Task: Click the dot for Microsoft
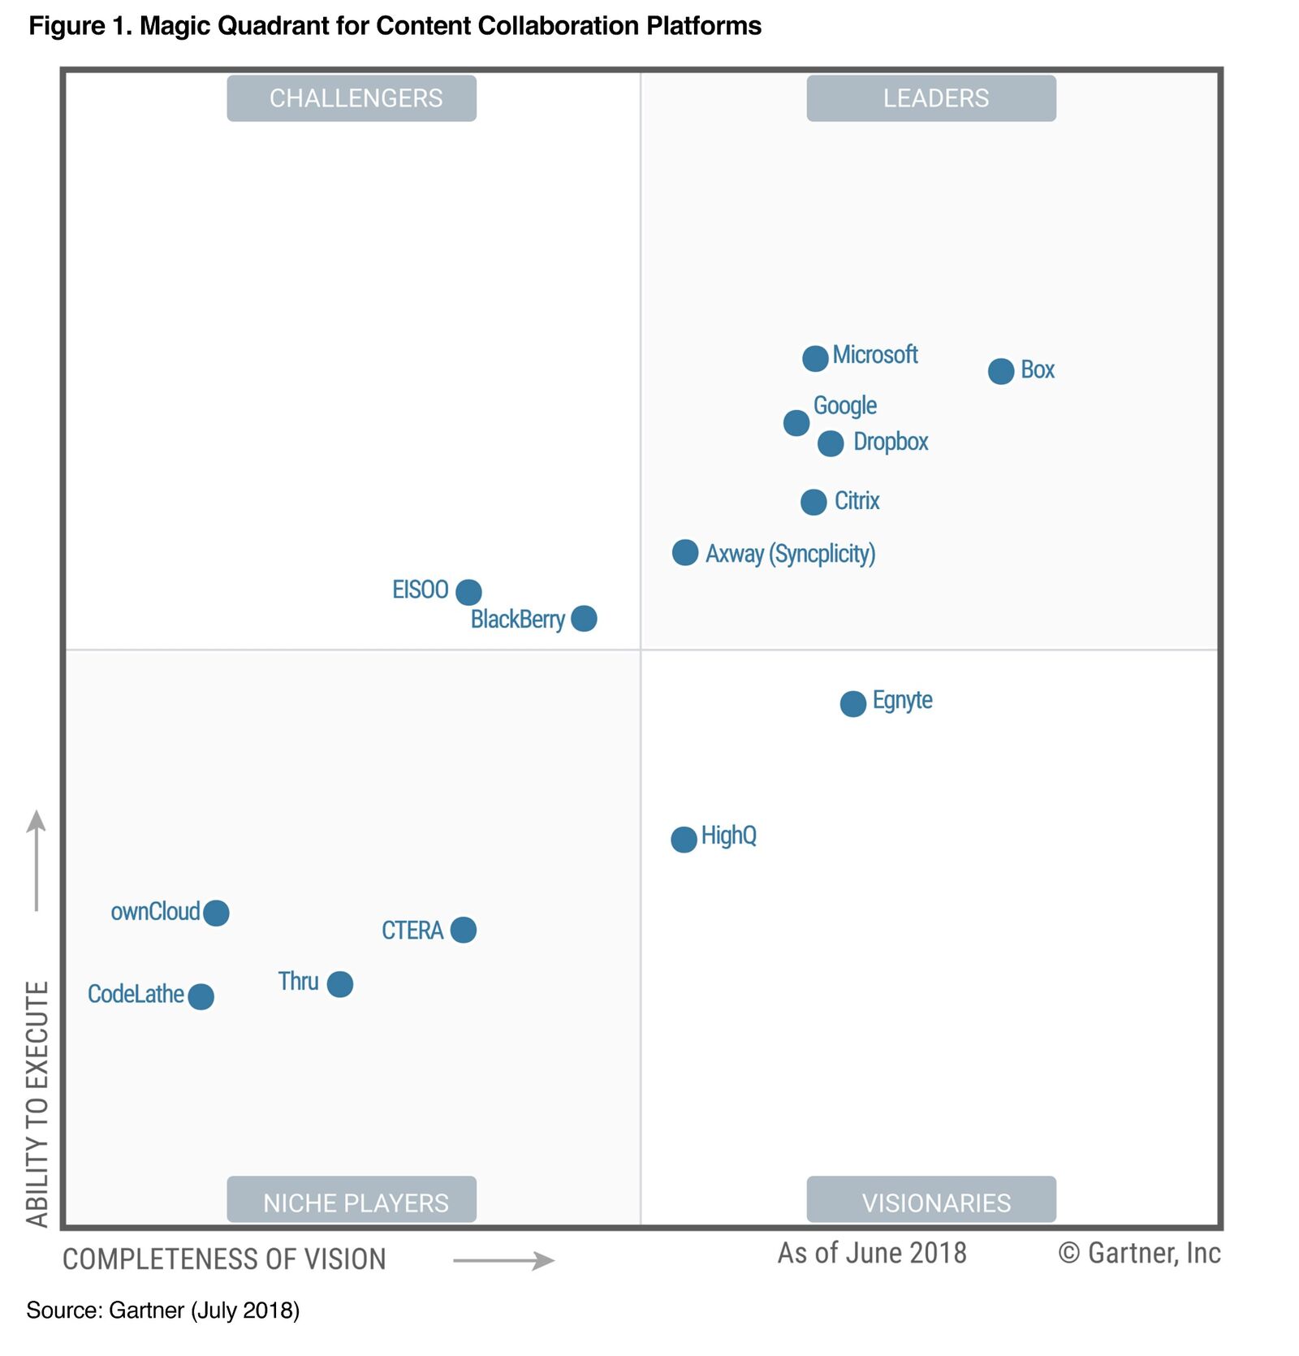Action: tap(815, 358)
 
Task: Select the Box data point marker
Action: tap(1001, 371)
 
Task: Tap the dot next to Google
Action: tap(796, 422)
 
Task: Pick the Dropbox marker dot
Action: tap(831, 443)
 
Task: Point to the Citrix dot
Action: tap(813, 502)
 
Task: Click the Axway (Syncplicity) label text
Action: tap(790, 554)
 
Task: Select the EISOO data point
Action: tap(468, 592)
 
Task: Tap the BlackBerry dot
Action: tap(584, 619)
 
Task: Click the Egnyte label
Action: tap(902, 701)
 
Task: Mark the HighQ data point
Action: tap(684, 839)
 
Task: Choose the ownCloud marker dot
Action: tap(216, 913)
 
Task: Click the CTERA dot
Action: tap(464, 930)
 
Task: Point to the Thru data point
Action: tap(340, 984)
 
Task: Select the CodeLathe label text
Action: tap(136, 994)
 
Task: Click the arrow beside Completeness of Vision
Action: tap(503, 1260)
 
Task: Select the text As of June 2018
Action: tap(872, 1253)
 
